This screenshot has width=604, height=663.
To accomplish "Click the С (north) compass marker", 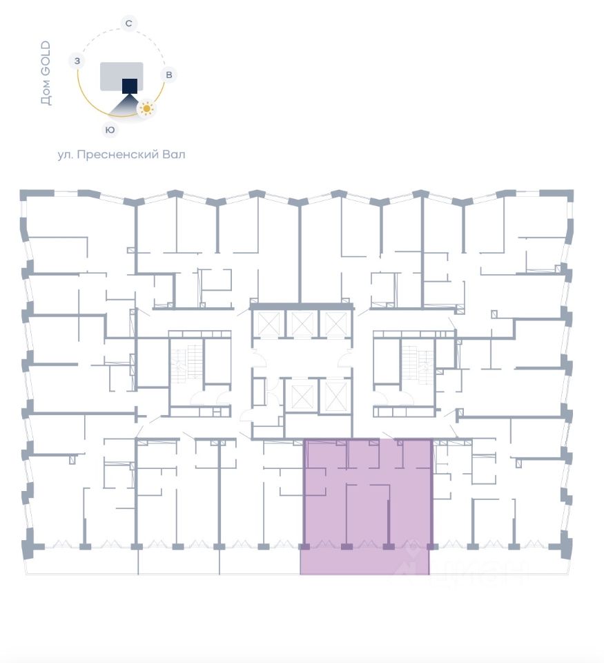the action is pyautogui.click(x=128, y=23).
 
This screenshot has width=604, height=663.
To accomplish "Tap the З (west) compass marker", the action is pyautogui.click(x=77, y=61).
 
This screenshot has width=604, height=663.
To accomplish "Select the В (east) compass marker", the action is pyautogui.click(x=168, y=74).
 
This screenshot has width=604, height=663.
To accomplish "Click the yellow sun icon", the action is pyautogui.click(x=146, y=108).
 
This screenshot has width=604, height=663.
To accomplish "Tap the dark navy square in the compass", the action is pyautogui.click(x=130, y=86).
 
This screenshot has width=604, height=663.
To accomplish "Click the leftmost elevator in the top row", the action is pyautogui.click(x=268, y=323).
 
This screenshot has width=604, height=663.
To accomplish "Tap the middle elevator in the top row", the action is pyautogui.click(x=302, y=323).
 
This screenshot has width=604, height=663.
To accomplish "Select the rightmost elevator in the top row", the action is pyautogui.click(x=336, y=323).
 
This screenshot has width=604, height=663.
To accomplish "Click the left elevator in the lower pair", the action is pyautogui.click(x=302, y=396).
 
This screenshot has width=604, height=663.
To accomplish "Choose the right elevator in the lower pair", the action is pyautogui.click(x=335, y=396).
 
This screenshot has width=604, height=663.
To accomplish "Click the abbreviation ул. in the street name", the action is pyautogui.click(x=66, y=155).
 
